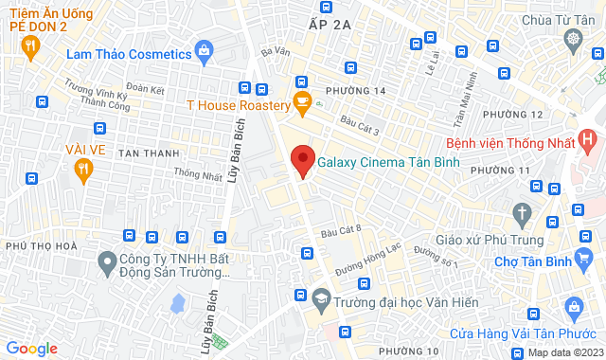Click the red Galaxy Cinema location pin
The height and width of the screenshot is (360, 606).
tap(302, 159)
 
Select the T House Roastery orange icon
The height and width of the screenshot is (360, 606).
tap(302, 102)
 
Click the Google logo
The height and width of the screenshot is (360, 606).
tap(31, 349)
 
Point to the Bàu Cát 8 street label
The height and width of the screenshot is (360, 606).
tap(342, 230)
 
